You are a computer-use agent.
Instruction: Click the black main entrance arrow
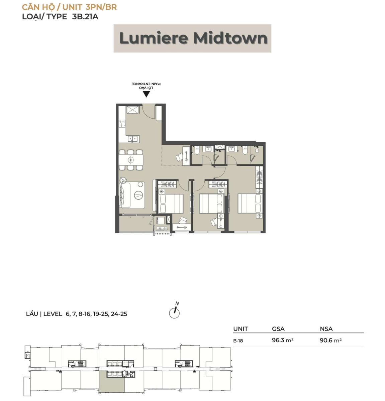coord(146,94)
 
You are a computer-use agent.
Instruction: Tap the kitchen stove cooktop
coord(122,124)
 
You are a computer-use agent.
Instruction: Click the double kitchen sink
coord(133,139)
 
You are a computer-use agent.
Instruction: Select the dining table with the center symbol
coord(131,159)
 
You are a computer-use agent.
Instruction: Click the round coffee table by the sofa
coord(138,195)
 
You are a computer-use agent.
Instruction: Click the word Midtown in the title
coord(230,38)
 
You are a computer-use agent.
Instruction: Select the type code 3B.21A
coord(85,16)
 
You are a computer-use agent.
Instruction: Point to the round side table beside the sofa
coord(124,180)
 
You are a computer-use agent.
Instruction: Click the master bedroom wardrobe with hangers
coord(260,177)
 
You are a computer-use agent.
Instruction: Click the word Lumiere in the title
coord(154,38)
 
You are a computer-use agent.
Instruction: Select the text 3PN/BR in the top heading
coord(101,7)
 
